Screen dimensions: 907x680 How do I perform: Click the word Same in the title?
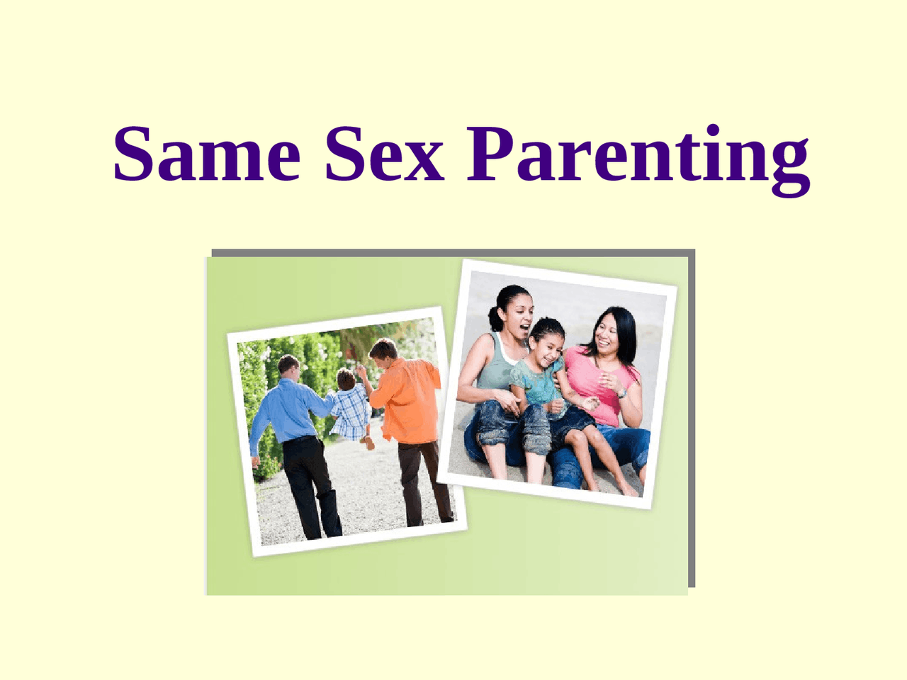(x=207, y=154)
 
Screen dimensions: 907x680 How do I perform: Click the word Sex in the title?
(x=384, y=154)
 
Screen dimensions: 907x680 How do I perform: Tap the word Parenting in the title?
(x=638, y=160)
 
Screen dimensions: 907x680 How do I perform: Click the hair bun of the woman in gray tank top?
(x=495, y=318)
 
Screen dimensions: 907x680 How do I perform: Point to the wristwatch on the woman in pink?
(x=622, y=393)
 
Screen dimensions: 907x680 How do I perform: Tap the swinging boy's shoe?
(x=369, y=443)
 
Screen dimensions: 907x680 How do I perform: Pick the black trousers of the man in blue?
(x=311, y=487)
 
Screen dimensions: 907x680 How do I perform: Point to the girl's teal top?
(x=536, y=382)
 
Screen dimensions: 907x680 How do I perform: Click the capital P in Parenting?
(x=490, y=154)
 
